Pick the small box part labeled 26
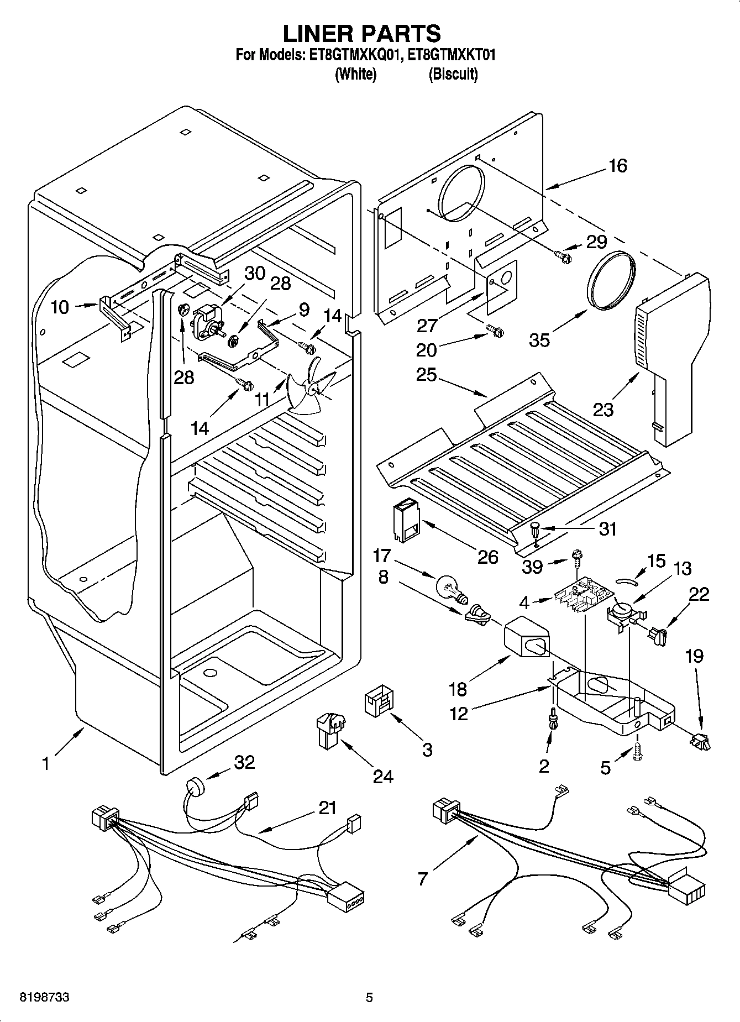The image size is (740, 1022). (406, 521)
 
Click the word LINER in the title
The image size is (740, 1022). (318, 34)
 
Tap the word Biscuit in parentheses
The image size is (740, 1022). (453, 74)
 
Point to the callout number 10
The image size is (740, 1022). (60, 307)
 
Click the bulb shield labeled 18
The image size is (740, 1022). (526, 638)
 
